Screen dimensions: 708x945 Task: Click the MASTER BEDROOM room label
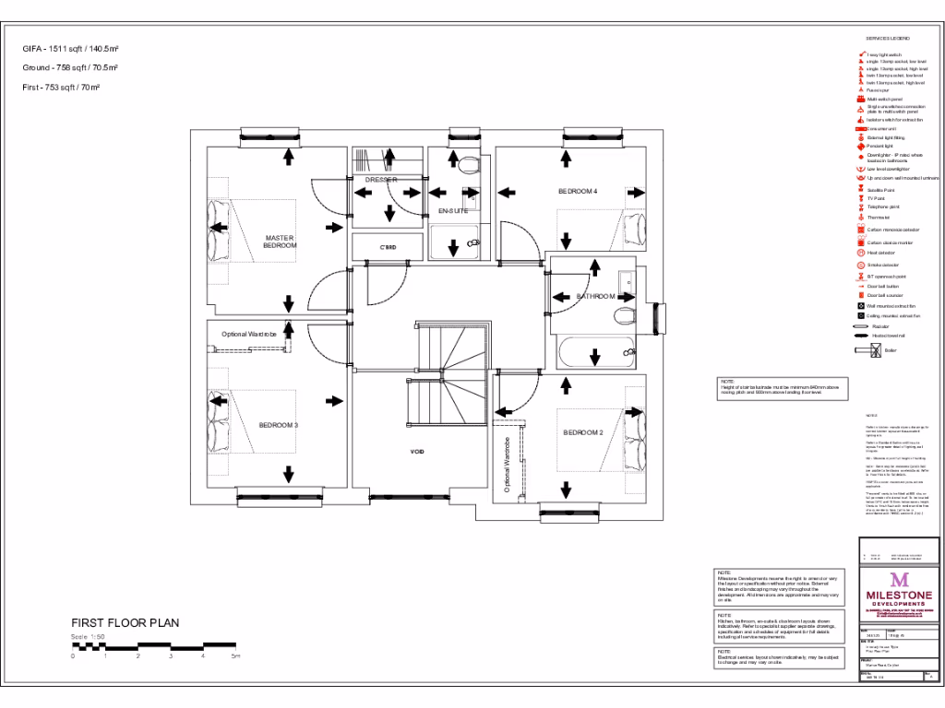(x=280, y=242)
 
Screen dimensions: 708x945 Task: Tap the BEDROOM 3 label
(x=278, y=425)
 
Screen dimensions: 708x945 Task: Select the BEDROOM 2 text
(x=583, y=432)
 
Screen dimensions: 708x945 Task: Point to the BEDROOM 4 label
(x=578, y=191)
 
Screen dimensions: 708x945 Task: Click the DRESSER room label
(x=380, y=180)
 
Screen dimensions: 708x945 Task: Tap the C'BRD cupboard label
(x=388, y=248)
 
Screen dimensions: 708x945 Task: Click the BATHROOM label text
(x=596, y=296)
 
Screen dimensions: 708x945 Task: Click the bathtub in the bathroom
(x=596, y=352)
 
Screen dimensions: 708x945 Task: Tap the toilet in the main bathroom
(x=625, y=316)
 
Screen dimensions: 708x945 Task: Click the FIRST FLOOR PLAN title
(x=125, y=623)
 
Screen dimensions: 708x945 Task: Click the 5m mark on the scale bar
(x=234, y=655)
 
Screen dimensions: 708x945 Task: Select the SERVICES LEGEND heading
(x=888, y=38)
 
